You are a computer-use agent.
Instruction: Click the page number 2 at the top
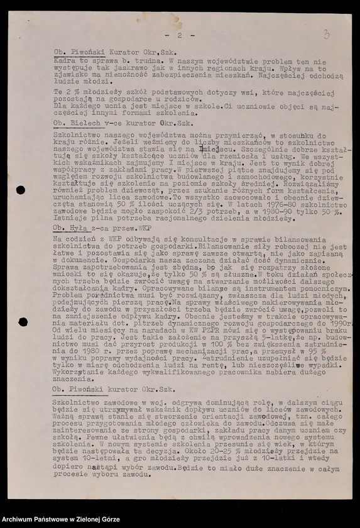coord(179,36)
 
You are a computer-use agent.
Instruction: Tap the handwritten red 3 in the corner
coord(326,34)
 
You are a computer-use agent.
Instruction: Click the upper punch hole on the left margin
coord(21,190)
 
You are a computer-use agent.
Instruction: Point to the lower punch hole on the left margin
coord(22,322)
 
